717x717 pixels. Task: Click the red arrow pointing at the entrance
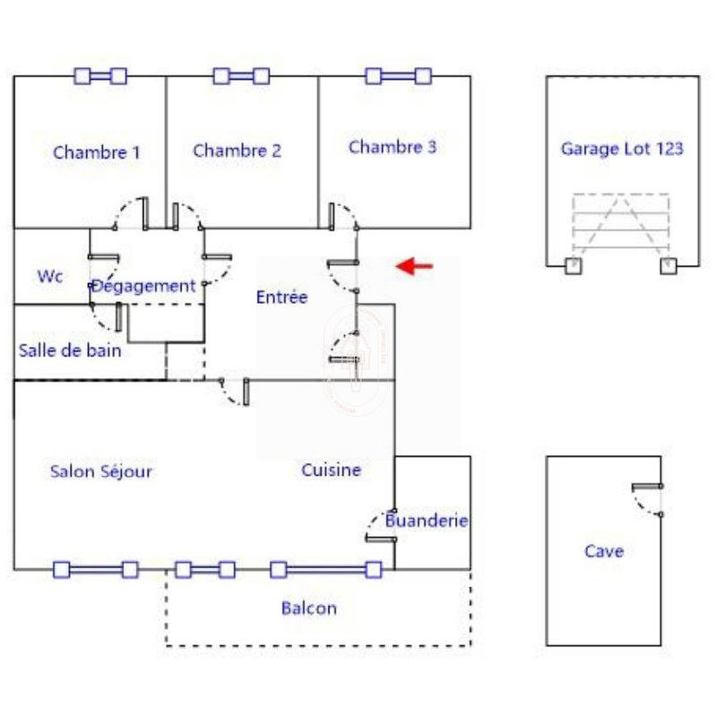pyautogui.click(x=415, y=265)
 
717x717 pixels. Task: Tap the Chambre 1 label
pyautogui.click(x=97, y=151)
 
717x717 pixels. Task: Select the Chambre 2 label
pyautogui.click(x=237, y=151)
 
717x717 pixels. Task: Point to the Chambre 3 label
pyautogui.click(x=393, y=147)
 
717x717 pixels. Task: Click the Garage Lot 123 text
pyautogui.click(x=622, y=148)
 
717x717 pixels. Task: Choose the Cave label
pyautogui.click(x=604, y=551)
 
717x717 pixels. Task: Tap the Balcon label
pyautogui.click(x=309, y=609)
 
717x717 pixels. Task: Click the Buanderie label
pyautogui.click(x=428, y=521)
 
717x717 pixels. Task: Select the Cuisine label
pyautogui.click(x=332, y=470)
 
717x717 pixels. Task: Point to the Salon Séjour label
pyautogui.click(x=101, y=471)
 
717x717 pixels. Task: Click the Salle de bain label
pyautogui.click(x=70, y=350)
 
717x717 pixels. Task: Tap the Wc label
pyautogui.click(x=50, y=276)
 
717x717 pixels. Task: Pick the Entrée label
pyautogui.click(x=281, y=298)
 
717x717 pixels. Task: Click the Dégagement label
pyautogui.click(x=143, y=286)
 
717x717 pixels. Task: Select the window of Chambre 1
pyautogui.click(x=99, y=76)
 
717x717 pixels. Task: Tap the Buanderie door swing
pyautogui.click(x=376, y=523)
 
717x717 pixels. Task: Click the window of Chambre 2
pyautogui.click(x=241, y=76)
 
